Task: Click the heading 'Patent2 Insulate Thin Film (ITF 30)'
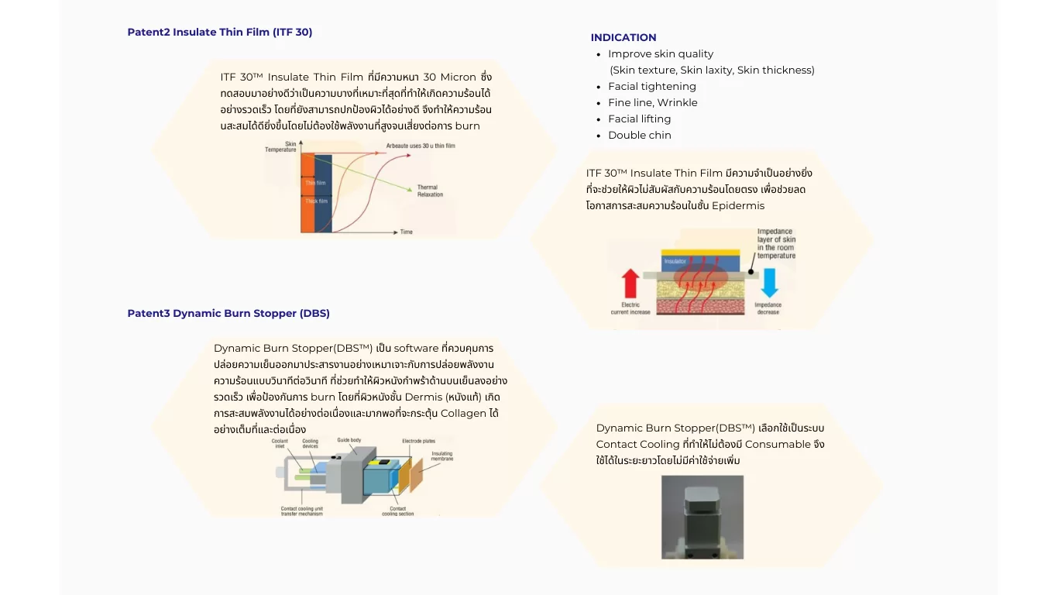[220, 32]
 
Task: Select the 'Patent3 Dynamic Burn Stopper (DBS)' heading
[228, 313]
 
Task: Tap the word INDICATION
[623, 37]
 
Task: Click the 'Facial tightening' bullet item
[651, 86]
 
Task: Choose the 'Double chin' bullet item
[639, 135]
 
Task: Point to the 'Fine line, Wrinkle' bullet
[652, 102]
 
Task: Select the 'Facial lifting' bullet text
[639, 119]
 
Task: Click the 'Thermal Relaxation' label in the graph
[430, 191]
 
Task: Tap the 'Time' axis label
[406, 232]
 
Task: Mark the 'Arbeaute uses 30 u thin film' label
[421, 146]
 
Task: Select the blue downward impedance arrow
[768, 283]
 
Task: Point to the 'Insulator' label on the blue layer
[675, 262]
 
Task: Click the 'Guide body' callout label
[349, 440]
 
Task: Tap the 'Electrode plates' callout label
[417, 441]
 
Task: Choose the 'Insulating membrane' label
[441, 456]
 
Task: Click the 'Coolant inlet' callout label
[280, 444]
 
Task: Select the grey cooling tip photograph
[702, 517]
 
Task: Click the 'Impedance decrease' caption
[768, 308]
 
